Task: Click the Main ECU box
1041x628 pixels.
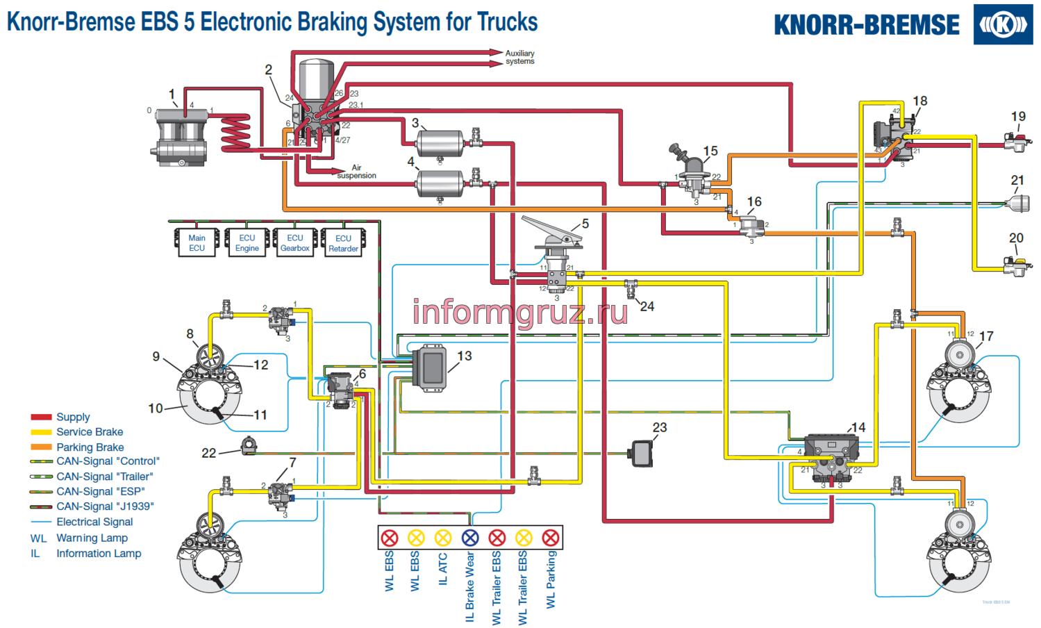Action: tap(197, 243)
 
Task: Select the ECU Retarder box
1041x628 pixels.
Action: tap(343, 243)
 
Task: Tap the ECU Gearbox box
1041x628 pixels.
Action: tap(294, 243)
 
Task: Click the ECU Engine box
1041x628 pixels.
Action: tap(247, 243)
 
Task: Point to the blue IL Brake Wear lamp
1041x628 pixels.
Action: tap(470, 537)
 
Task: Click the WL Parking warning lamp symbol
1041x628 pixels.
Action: tap(550, 537)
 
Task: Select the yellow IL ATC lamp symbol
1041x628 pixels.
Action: tap(443, 537)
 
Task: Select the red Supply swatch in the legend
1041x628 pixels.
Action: tap(41, 417)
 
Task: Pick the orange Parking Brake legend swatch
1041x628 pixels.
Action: tap(41, 447)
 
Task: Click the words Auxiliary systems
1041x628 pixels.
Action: tap(519, 57)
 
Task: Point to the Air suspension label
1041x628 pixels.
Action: tap(356, 172)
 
